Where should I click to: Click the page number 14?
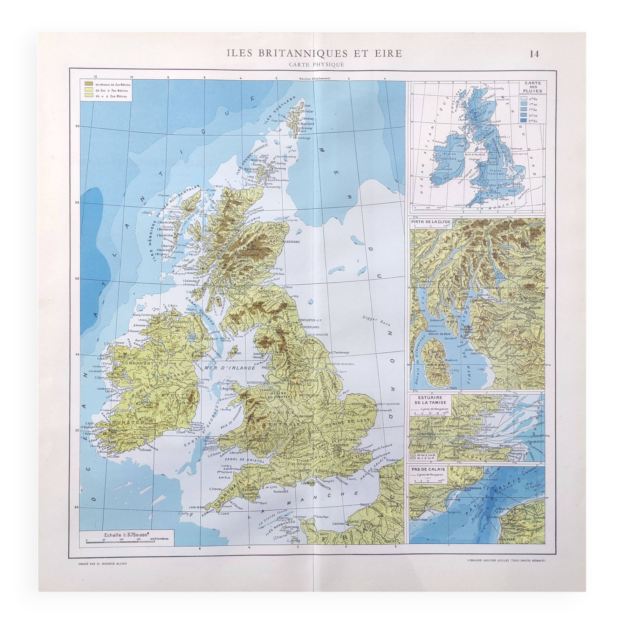(x=534, y=54)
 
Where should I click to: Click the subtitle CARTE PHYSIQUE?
(x=312, y=65)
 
